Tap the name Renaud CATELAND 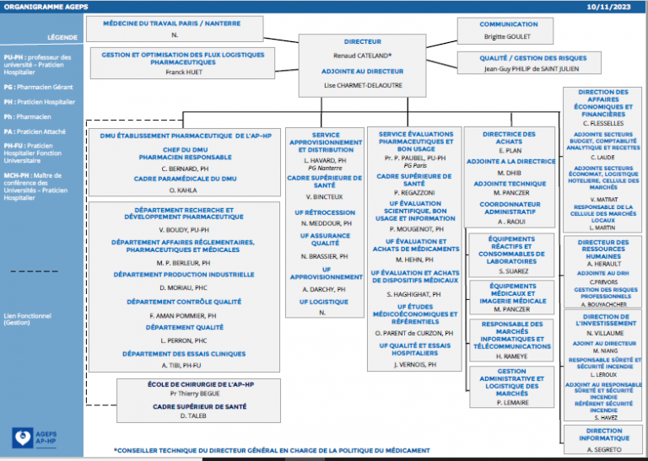pyautogui.click(x=361, y=55)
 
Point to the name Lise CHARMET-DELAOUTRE pyautogui.click(x=362, y=85)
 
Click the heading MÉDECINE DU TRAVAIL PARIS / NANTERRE pyautogui.click(x=175, y=24)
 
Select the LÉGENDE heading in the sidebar pyautogui.click(x=62, y=38)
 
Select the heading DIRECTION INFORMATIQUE pyautogui.click(x=603, y=434)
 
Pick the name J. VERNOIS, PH pyautogui.click(x=414, y=365)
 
